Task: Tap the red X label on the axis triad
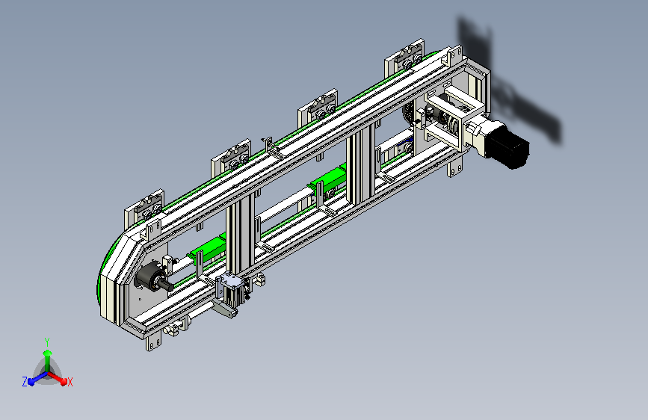70,382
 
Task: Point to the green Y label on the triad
47,342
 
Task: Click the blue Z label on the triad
25,382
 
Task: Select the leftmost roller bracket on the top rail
145,208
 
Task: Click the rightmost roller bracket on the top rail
404,58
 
